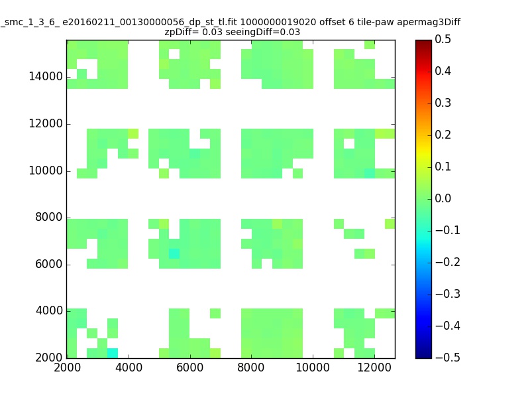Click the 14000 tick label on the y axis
click(x=46, y=76)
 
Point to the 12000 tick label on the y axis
click(x=46, y=123)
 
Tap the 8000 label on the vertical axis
click(x=48, y=217)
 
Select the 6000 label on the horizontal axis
click(x=190, y=367)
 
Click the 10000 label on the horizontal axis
click(x=313, y=367)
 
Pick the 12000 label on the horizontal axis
click(x=374, y=367)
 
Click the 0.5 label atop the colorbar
click(x=443, y=39)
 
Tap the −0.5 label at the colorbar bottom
click(x=448, y=358)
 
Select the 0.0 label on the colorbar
click(x=443, y=198)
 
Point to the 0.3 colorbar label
click(x=443, y=103)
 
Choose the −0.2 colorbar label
click(x=448, y=262)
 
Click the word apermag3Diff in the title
click(x=429, y=23)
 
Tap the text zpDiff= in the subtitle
click(x=182, y=32)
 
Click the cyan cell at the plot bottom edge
click(x=113, y=353)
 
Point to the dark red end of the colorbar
click(x=423, y=42)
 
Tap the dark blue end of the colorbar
click(x=423, y=356)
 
